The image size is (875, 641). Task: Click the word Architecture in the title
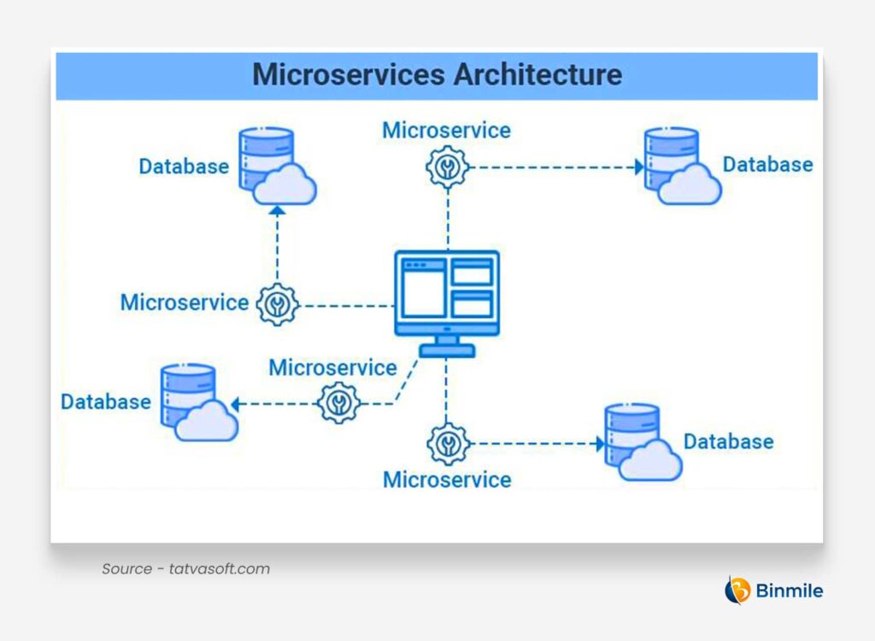537,74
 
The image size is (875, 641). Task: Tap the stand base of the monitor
446,350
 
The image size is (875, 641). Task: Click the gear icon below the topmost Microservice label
447,167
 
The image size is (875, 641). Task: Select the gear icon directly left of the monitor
277,304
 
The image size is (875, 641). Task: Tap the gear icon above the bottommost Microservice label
447,444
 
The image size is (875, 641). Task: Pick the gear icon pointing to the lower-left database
338,403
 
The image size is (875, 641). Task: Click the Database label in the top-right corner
767,164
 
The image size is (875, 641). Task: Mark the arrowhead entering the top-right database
638,167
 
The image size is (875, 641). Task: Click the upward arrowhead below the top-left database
277,209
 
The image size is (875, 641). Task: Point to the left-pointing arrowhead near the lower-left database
235,403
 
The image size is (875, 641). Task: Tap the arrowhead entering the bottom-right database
599,444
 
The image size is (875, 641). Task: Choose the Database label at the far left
105,402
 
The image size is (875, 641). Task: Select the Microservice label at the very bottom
447,479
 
